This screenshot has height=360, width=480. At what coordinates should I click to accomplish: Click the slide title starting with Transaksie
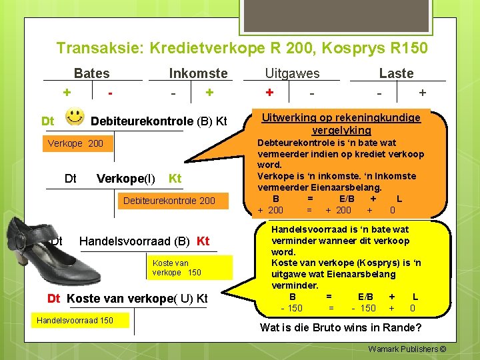tap(242, 48)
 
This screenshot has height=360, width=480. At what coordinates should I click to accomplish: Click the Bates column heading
tap(92, 73)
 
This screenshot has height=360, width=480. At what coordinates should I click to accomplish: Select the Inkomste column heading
tap(198, 73)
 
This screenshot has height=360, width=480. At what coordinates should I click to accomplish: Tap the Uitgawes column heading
tap(292, 73)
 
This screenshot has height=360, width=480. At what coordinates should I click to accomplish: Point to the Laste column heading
tap(396, 73)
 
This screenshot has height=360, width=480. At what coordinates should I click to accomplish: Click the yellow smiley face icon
tap(75, 117)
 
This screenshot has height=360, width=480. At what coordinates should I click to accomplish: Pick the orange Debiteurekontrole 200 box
tap(169, 201)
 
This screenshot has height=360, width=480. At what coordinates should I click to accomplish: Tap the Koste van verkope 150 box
tap(177, 267)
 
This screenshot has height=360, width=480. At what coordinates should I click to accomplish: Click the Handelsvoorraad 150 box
tap(75, 321)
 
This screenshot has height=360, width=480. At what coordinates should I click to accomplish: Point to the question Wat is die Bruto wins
tap(340, 327)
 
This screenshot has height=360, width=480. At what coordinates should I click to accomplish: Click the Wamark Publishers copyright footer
tap(406, 349)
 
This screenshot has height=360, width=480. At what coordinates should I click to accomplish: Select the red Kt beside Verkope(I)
tap(175, 179)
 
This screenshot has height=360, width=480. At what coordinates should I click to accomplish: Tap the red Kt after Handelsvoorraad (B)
tap(203, 241)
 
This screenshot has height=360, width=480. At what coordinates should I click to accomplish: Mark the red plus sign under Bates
tap(67, 93)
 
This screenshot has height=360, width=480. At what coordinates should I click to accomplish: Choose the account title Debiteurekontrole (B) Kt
tap(159, 121)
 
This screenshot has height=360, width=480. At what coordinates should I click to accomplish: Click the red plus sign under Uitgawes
tap(269, 93)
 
